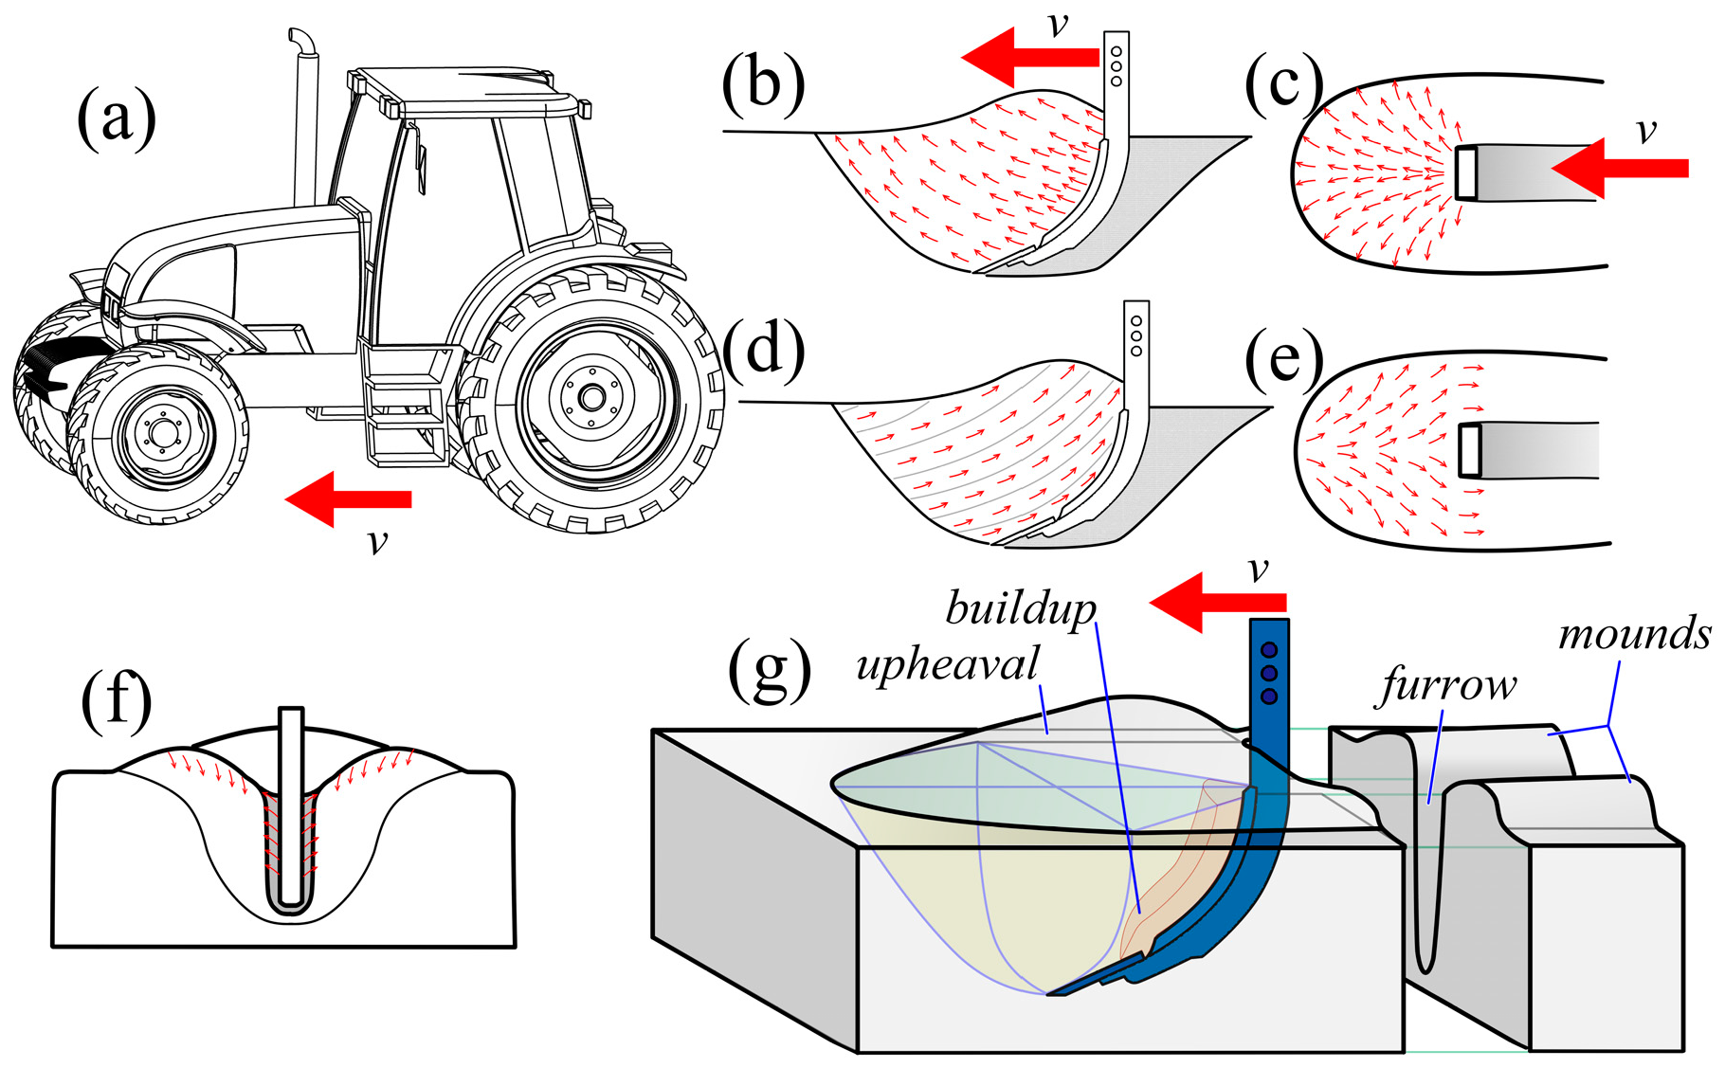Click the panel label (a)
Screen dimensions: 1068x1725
[x=117, y=121]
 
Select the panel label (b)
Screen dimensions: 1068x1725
[x=763, y=83]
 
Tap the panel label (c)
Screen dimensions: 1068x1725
[x=1284, y=83]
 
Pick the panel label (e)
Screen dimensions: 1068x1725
[x=1284, y=360]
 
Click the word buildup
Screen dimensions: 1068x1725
[x=1021, y=608]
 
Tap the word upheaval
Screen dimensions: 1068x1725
[x=948, y=664]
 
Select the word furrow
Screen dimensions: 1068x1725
[x=1447, y=684]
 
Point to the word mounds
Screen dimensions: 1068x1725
[x=1634, y=633]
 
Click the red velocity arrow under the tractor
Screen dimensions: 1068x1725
[x=350, y=498]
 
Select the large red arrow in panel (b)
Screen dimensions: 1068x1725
[x=1030, y=58]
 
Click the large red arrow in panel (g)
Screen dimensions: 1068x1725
[x=1218, y=603]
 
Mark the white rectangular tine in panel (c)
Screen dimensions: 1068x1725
[x=1466, y=172]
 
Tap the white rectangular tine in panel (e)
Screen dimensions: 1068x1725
[x=1470, y=450]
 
